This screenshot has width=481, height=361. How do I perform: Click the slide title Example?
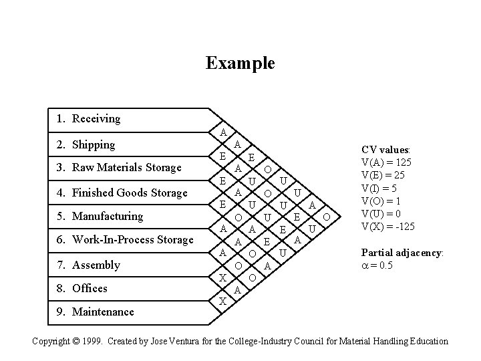(240, 64)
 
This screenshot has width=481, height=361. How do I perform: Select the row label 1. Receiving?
(88, 119)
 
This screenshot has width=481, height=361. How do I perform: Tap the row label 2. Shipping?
(86, 144)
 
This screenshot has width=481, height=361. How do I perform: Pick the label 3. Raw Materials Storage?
(118, 168)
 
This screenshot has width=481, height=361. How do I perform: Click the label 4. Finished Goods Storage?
(122, 193)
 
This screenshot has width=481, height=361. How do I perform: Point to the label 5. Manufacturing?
(100, 217)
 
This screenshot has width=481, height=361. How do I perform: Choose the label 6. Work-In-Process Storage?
(124, 240)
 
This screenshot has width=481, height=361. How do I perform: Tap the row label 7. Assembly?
(88, 265)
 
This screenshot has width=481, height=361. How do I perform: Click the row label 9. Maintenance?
(95, 312)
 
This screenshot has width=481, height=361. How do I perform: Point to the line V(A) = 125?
(386, 162)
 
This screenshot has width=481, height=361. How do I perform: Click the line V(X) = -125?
(387, 226)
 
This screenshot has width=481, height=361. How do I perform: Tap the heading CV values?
(385, 150)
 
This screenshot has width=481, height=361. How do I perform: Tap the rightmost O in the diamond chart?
(326, 217)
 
